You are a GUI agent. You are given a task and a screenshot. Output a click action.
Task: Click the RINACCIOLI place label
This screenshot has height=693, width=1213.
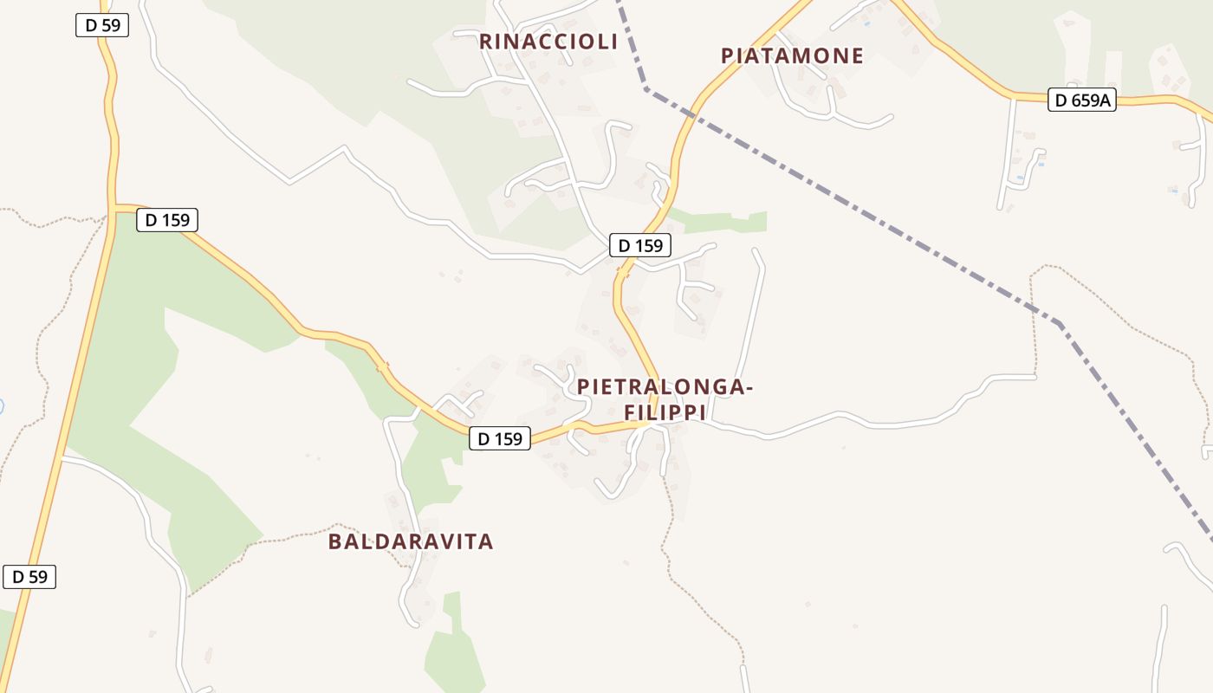[548, 42]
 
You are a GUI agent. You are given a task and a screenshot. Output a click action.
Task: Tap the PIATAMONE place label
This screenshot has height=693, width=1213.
[792, 56]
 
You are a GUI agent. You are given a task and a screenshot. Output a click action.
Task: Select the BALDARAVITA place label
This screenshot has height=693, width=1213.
[411, 542]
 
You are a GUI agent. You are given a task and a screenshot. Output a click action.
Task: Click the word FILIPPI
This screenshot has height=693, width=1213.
[665, 413]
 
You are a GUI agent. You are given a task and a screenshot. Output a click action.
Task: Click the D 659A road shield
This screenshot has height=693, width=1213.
[1082, 100]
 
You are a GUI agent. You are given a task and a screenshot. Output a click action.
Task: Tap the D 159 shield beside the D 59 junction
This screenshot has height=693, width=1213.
[167, 220]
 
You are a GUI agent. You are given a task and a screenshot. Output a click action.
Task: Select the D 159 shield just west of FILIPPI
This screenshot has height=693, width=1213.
[500, 439]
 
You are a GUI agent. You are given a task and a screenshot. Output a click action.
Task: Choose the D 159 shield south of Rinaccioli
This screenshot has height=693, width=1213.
[640, 246]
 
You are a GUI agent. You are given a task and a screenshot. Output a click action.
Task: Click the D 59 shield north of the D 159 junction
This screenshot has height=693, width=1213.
[102, 25]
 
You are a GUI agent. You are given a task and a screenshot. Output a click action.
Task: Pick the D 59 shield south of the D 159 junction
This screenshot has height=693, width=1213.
[29, 577]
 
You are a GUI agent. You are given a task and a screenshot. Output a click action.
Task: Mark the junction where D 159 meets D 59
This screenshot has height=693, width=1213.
[114, 208]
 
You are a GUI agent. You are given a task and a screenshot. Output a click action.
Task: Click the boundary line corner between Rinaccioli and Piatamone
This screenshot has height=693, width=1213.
[646, 88]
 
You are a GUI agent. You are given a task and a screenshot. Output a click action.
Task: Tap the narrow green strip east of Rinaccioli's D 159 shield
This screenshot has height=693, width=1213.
[719, 221]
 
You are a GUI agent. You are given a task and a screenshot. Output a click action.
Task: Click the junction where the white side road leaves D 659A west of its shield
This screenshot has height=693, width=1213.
[1013, 97]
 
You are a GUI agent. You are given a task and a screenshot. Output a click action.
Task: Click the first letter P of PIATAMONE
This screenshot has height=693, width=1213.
[728, 56]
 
